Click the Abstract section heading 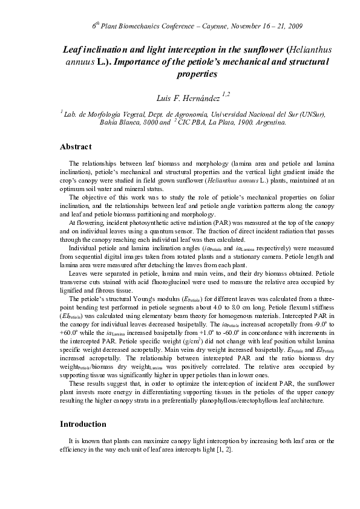[76, 147]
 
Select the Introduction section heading [83, 424]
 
